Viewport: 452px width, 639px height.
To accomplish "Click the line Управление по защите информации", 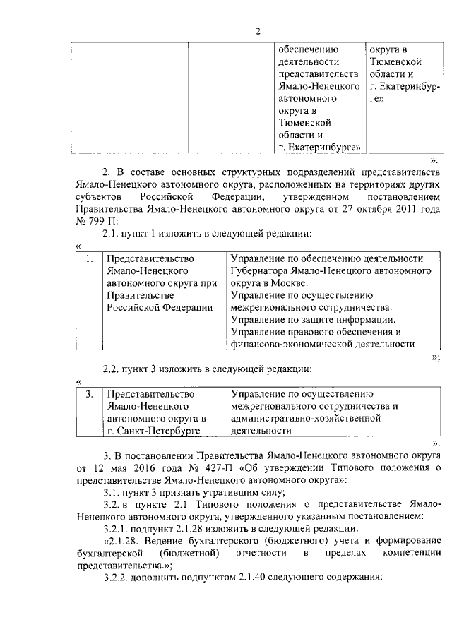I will [x=311, y=320].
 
